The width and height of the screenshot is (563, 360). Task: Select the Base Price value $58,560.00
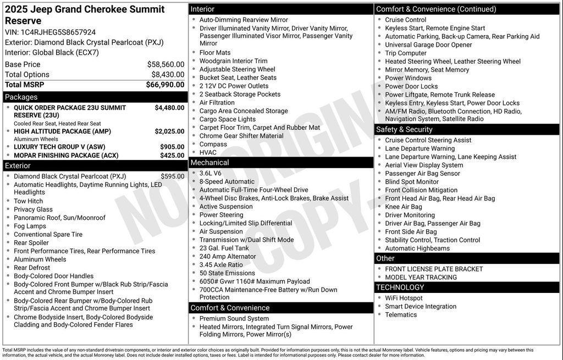tap(165, 64)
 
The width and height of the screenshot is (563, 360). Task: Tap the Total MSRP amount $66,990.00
tap(165, 85)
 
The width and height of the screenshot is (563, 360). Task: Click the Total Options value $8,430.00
tap(168, 75)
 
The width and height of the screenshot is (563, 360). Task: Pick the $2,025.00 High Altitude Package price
tap(169, 132)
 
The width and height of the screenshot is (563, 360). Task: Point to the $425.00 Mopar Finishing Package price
tap(172, 156)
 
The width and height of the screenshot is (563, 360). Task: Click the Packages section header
tap(21, 97)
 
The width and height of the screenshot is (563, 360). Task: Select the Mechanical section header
tap(209, 163)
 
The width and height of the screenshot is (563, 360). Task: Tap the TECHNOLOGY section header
tap(400, 287)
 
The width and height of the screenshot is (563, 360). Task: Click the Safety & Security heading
tap(404, 130)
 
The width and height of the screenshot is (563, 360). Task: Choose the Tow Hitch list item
tap(28, 201)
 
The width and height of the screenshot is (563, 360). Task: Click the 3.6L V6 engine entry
tap(211, 174)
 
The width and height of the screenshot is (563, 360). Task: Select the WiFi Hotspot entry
tap(404, 298)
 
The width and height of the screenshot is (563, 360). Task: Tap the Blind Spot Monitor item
tap(412, 182)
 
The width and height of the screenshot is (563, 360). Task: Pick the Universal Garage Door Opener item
tap(428, 45)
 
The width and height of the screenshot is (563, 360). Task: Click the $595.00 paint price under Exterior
tap(173, 176)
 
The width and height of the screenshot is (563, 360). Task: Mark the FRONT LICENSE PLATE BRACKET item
tap(434, 269)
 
